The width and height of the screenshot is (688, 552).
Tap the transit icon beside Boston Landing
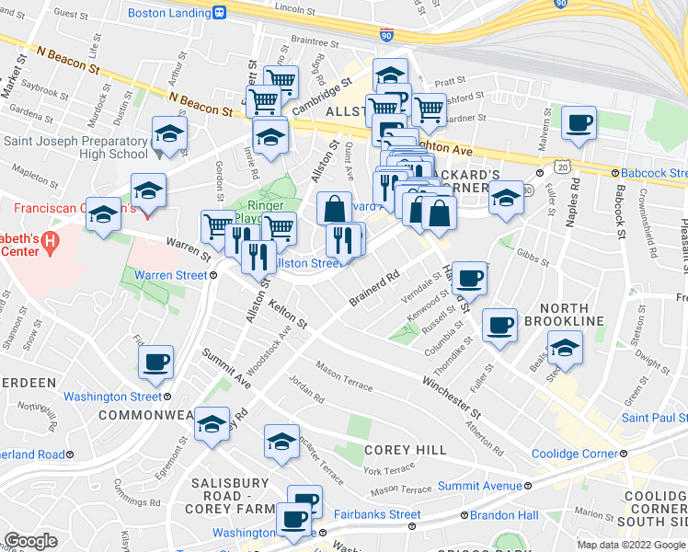pyautogui.click(x=219, y=13)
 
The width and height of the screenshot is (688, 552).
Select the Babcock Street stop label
pyautogui.click(x=654, y=172)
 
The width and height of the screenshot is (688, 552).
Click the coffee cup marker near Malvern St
pyautogui.click(x=579, y=124)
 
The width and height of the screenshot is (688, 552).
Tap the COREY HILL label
pyautogui.click(x=406, y=450)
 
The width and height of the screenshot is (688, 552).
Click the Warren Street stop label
pyautogui.click(x=171, y=274)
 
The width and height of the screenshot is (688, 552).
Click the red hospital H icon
pyautogui.click(x=52, y=243)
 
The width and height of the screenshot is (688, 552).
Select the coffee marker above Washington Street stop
pyautogui.click(x=155, y=362)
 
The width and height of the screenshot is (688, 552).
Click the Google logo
pyautogui.click(x=30, y=541)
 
